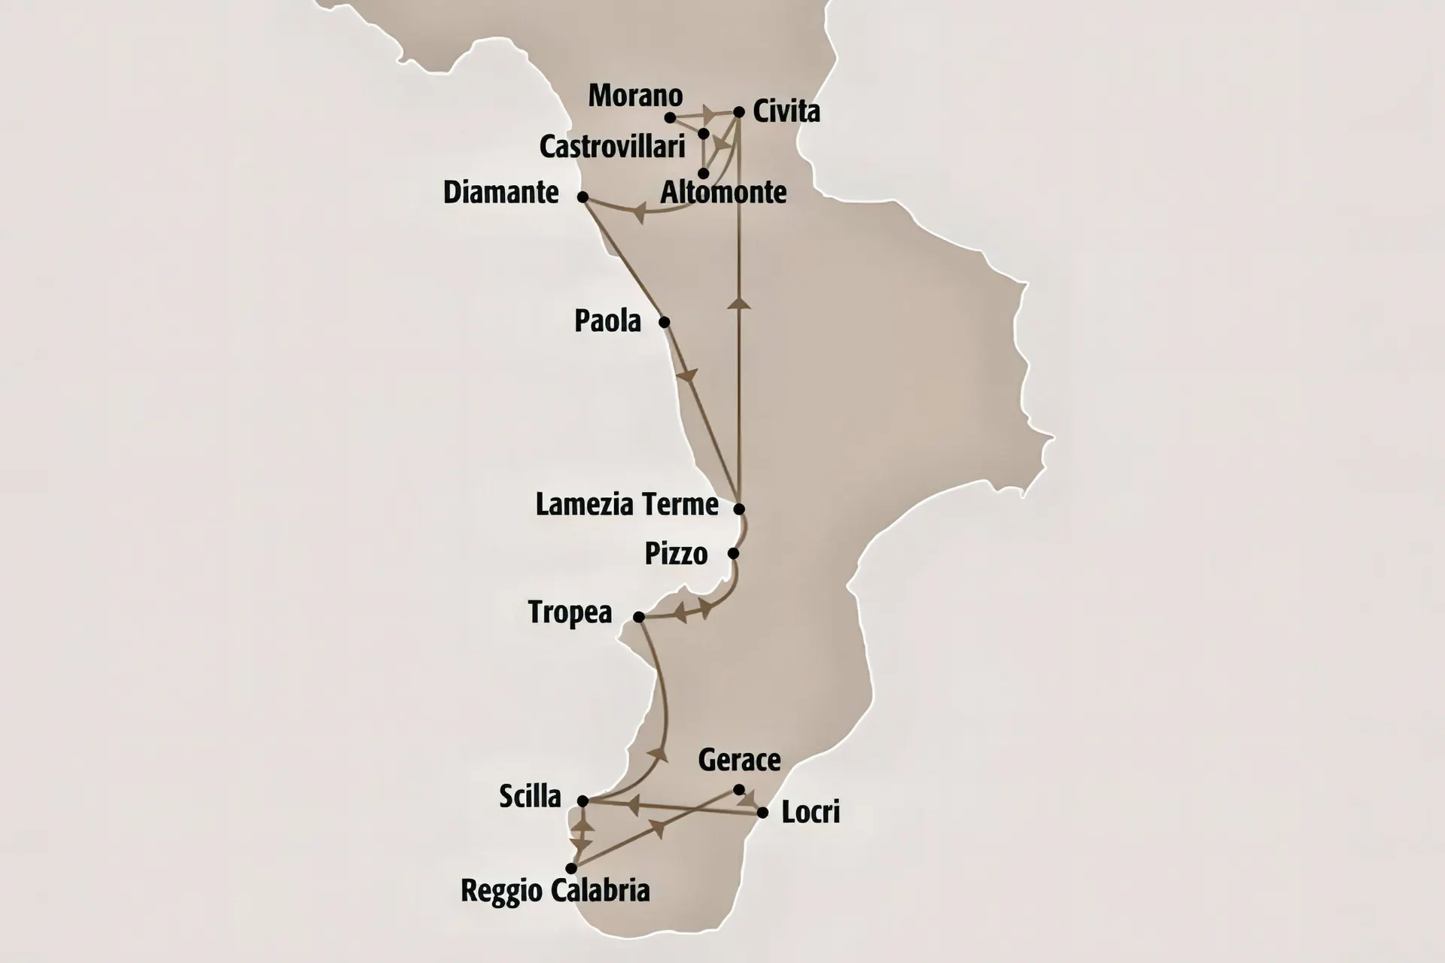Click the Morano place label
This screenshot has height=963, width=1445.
[x=635, y=96]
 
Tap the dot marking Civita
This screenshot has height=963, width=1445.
[x=738, y=112]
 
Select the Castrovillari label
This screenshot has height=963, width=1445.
[x=612, y=147]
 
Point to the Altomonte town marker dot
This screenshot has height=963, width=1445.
[x=703, y=173]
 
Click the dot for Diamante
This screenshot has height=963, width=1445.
[x=582, y=197]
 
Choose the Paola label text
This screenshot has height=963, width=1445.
[x=607, y=321]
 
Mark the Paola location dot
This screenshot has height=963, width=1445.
[x=664, y=322]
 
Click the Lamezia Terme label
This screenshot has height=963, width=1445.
[x=626, y=504]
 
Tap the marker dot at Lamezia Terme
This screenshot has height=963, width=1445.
[x=739, y=509]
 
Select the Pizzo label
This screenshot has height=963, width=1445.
[x=676, y=554]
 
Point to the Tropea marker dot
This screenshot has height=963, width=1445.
[x=638, y=617]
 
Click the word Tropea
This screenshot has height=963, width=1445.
[x=570, y=612]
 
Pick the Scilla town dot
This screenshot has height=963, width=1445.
[x=583, y=801]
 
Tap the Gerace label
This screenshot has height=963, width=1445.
[x=739, y=760]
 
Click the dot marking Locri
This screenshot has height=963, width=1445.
[x=762, y=813]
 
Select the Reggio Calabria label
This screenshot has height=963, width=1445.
[x=555, y=891]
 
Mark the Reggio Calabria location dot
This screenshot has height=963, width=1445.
[x=571, y=868]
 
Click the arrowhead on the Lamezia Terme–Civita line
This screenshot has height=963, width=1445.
[x=739, y=303]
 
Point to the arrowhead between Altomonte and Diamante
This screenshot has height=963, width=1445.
[x=639, y=213]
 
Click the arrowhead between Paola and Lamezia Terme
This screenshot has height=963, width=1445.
[x=687, y=375]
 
